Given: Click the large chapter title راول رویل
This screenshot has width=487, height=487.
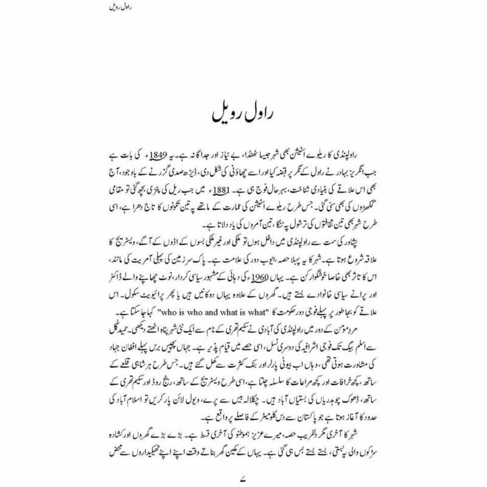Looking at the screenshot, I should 243,114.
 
